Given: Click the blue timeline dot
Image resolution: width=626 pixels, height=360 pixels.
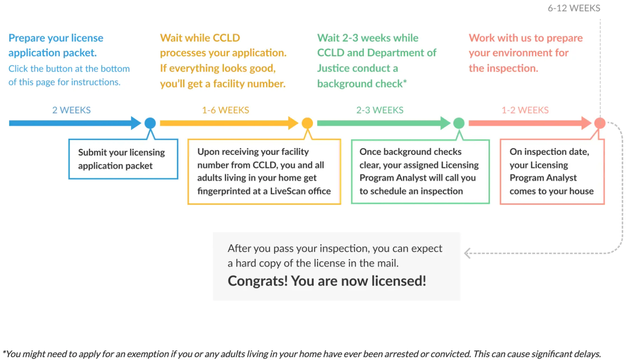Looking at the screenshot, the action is [x=150, y=123].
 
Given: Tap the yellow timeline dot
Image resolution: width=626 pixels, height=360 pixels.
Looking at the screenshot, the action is [x=307, y=123].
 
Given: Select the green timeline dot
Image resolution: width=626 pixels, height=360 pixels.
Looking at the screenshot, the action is [x=459, y=123].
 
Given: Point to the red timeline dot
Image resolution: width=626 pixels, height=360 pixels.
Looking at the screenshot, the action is [x=600, y=123].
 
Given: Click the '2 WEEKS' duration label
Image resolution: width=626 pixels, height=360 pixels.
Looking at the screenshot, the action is [x=71, y=110].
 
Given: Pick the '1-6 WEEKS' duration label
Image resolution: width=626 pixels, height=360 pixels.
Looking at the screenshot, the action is [x=225, y=110].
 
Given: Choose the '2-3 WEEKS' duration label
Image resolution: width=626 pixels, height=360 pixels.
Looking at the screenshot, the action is [x=380, y=110].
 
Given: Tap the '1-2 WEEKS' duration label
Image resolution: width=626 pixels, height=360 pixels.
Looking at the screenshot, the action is [x=525, y=110].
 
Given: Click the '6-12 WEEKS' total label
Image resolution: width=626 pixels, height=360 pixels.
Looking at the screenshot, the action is [x=574, y=8].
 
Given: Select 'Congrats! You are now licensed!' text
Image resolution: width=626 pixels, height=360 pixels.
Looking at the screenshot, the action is [x=327, y=281].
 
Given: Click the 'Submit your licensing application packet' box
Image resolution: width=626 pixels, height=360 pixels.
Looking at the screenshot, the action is [x=123, y=159].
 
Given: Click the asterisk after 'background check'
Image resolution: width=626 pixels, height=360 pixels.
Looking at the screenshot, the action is [x=405, y=82].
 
